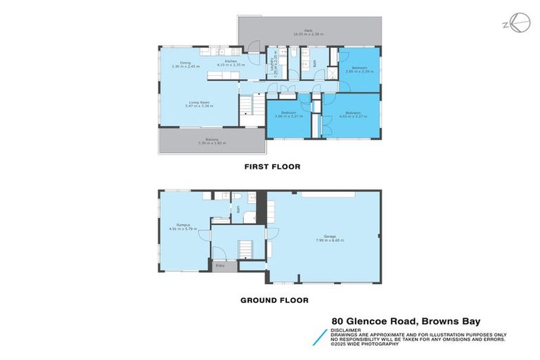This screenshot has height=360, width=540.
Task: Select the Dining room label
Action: pyautogui.click(x=185, y=65)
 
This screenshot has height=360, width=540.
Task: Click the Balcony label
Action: pyautogui.click(x=210, y=141)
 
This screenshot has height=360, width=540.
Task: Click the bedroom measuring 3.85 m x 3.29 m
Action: pyautogui.click(x=354, y=70)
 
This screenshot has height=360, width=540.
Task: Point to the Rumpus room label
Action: pyautogui.click(x=184, y=226)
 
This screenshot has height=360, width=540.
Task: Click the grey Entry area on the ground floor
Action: pyautogui.click(x=220, y=266)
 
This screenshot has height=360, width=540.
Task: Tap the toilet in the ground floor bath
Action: pyautogui.click(x=237, y=198)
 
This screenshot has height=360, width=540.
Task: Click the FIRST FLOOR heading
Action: pyautogui.click(x=271, y=167)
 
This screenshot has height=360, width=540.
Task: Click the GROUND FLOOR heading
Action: pyautogui.click(x=274, y=300)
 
